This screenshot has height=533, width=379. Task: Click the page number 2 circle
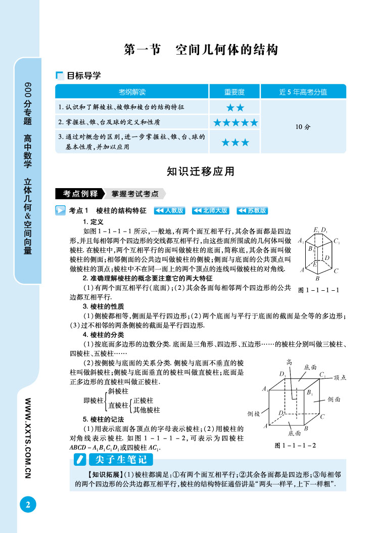[28, 504]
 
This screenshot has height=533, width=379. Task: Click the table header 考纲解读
[132, 92]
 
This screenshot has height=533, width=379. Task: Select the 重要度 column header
[234, 92]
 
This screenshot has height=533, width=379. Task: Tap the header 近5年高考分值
[303, 92]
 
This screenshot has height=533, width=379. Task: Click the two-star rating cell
[235, 107]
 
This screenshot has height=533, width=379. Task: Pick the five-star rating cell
[235, 122]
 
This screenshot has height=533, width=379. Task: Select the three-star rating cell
[235, 143]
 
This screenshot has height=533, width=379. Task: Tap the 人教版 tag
[169, 210]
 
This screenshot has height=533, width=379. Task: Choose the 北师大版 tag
[210, 210]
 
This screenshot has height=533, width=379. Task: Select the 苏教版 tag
[252, 210]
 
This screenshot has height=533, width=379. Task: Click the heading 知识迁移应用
[201, 171]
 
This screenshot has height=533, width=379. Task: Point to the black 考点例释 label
[80, 194]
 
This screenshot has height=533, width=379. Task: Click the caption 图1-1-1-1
[319, 290]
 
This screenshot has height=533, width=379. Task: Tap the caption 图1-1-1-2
[295, 446]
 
